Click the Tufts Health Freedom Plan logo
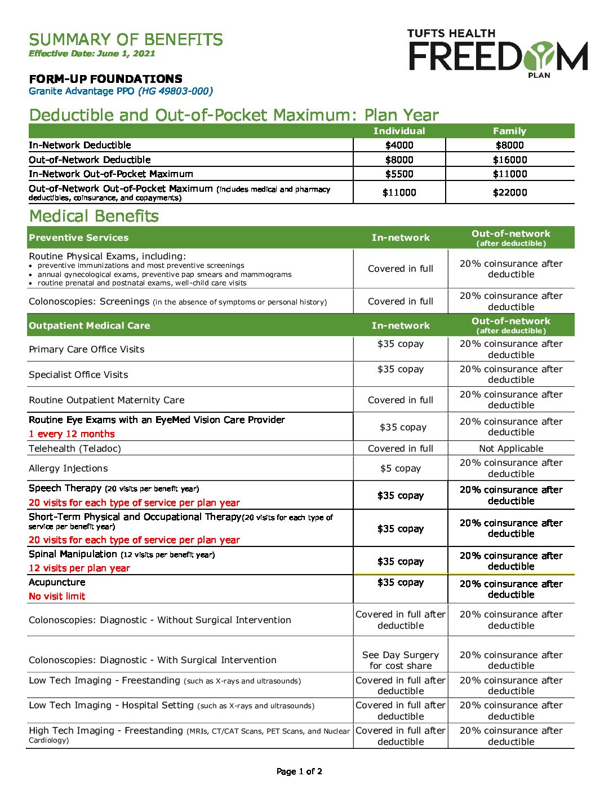498,52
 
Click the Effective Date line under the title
92,54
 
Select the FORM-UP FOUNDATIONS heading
105,79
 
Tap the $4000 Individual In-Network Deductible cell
399,145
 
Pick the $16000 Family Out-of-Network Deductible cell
510,160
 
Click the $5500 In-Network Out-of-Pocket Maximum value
399,174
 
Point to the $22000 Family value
510,193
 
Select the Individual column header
399,131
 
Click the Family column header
509,131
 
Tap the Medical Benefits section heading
94,216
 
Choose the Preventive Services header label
79,238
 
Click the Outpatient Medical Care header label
90,326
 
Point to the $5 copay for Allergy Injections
401,469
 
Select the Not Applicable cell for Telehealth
511,449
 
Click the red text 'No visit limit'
57,597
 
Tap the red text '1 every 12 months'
72,434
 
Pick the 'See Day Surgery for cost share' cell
401,660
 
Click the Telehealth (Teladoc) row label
75,449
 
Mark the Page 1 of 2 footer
299,771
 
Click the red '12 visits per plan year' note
79,568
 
